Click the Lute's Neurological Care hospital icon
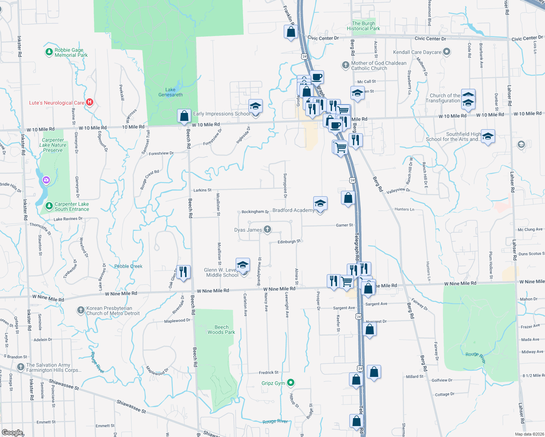tap(90, 103)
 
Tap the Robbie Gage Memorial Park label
tap(71, 53)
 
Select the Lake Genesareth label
tap(170, 92)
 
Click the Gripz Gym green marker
tap(290, 383)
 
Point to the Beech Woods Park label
tap(221, 330)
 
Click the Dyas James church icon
tap(267, 229)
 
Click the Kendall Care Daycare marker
tap(447, 52)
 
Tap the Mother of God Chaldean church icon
tap(345, 65)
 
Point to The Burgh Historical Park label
tap(363, 26)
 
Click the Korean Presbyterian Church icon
tap(81, 310)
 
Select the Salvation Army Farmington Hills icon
tap(21, 367)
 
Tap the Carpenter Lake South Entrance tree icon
tap(49, 206)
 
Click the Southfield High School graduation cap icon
tap(488, 137)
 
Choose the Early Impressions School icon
tap(255, 107)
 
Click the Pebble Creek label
tap(128, 266)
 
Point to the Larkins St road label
tap(203, 190)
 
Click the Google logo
tap(12, 432)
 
